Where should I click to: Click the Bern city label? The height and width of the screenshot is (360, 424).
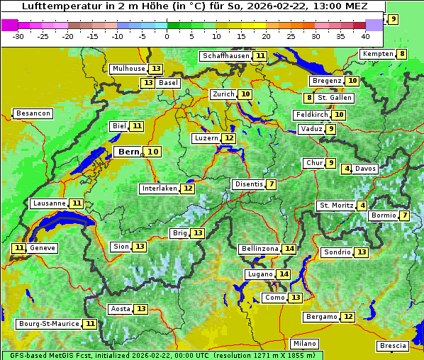(x=128, y=152)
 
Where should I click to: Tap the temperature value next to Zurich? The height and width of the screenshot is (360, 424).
(x=245, y=94)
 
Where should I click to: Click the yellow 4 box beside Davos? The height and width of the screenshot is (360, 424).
(x=347, y=169)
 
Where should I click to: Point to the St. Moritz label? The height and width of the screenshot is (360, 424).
(x=335, y=206)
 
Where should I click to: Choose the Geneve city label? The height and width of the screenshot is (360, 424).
(x=42, y=248)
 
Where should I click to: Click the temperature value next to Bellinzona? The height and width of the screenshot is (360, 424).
(x=289, y=249)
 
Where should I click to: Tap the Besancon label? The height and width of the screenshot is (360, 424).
(x=33, y=113)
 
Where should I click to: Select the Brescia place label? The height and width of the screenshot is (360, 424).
(x=393, y=346)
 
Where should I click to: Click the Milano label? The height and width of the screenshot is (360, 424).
(x=305, y=343)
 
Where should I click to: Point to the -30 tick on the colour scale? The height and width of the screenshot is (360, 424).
(x=18, y=35)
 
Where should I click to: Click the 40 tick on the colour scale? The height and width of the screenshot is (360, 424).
(x=365, y=35)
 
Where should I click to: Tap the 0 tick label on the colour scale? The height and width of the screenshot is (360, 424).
(x=167, y=35)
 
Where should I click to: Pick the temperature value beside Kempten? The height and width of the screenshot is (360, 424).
(x=402, y=54)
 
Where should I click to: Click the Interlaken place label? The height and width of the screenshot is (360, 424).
(x=159, y=189)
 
